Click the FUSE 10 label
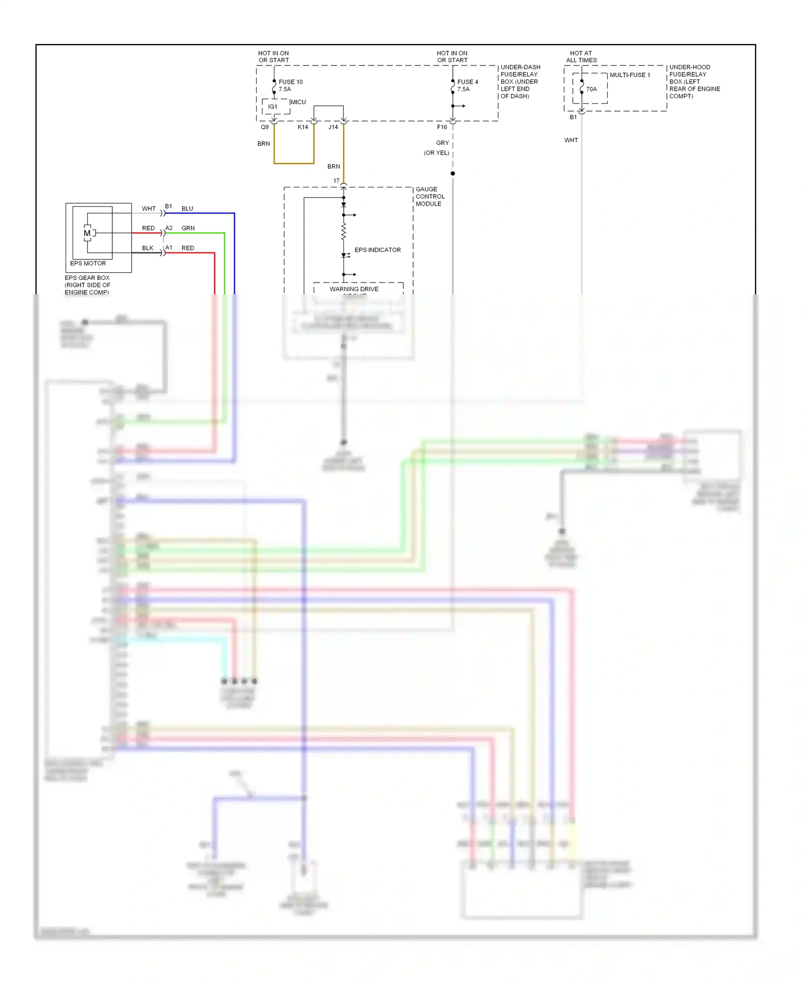[290, 82]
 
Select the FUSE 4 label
[467, 82]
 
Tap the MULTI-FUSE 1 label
[629, 75]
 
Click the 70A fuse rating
[591, 89]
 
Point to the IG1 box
[273, 106]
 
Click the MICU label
[298, 102]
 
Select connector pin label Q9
[264, 127]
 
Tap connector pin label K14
[303, 127]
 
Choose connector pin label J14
[333, 127]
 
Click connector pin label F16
[441, 127]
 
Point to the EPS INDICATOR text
[377, 250]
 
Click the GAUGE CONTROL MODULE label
[429, 197]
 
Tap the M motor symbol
[87, 233]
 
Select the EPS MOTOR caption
[88, 263]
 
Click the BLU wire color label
[187, 208]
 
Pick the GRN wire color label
[188, 228]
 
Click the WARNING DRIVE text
[354, 289]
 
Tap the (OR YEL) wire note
[436, 153]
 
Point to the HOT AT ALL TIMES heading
[581, 56]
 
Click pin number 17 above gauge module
[336, 180]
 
